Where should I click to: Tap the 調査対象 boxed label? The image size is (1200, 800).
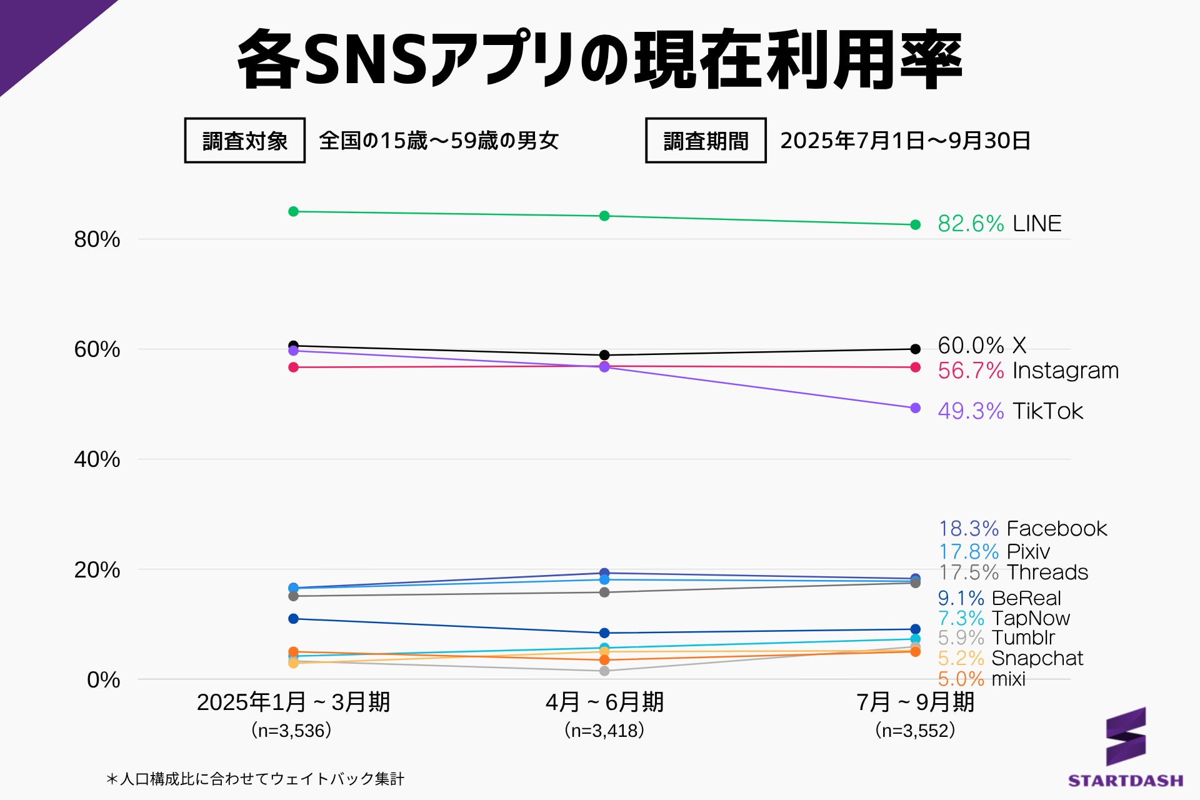coord(244,141)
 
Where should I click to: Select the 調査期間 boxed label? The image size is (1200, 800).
coord(706,141)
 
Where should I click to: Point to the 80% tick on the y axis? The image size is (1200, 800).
coord(97,239)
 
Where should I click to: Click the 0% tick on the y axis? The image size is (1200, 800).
coord(103,679)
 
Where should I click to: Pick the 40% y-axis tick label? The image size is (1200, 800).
coord(97,459)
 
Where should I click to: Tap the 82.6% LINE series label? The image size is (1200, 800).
coord(999,224)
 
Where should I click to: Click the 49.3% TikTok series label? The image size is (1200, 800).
coord(1010,411)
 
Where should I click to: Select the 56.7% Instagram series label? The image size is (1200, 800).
coord(1027,371)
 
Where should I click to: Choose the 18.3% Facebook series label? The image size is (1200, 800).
coord(1022,529)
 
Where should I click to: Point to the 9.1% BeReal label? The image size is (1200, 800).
coord(999,598)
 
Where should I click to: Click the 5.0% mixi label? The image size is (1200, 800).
coord(981,679)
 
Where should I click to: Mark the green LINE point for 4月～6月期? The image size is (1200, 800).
coord(604,216)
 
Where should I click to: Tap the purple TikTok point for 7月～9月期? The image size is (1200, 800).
coord(916,408)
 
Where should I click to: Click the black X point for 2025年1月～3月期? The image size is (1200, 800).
coord(293,345)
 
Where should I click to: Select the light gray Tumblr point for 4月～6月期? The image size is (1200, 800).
coord(604,671)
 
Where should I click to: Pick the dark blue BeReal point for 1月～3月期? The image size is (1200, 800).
coord(293,619)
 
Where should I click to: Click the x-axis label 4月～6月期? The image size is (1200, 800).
coord(604,702)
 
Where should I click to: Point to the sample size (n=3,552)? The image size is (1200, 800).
coord(915,730)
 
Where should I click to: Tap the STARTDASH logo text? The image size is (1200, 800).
coord(1125,781)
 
